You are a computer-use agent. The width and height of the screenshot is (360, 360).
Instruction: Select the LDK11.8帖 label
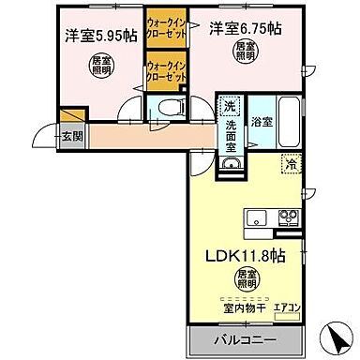point(246,254)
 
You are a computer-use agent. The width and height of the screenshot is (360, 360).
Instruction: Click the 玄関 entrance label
point(72,135)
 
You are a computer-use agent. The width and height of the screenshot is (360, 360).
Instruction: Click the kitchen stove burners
point(287,218)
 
